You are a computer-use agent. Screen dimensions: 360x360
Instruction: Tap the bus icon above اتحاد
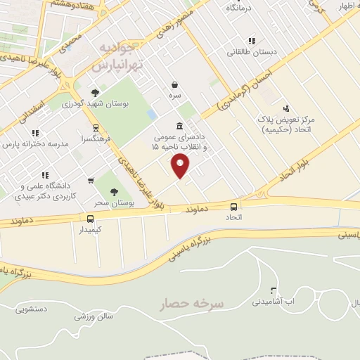233,207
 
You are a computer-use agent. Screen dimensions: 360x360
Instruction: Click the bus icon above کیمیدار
90,219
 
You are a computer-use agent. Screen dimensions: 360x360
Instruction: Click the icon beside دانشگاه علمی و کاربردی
45,175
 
